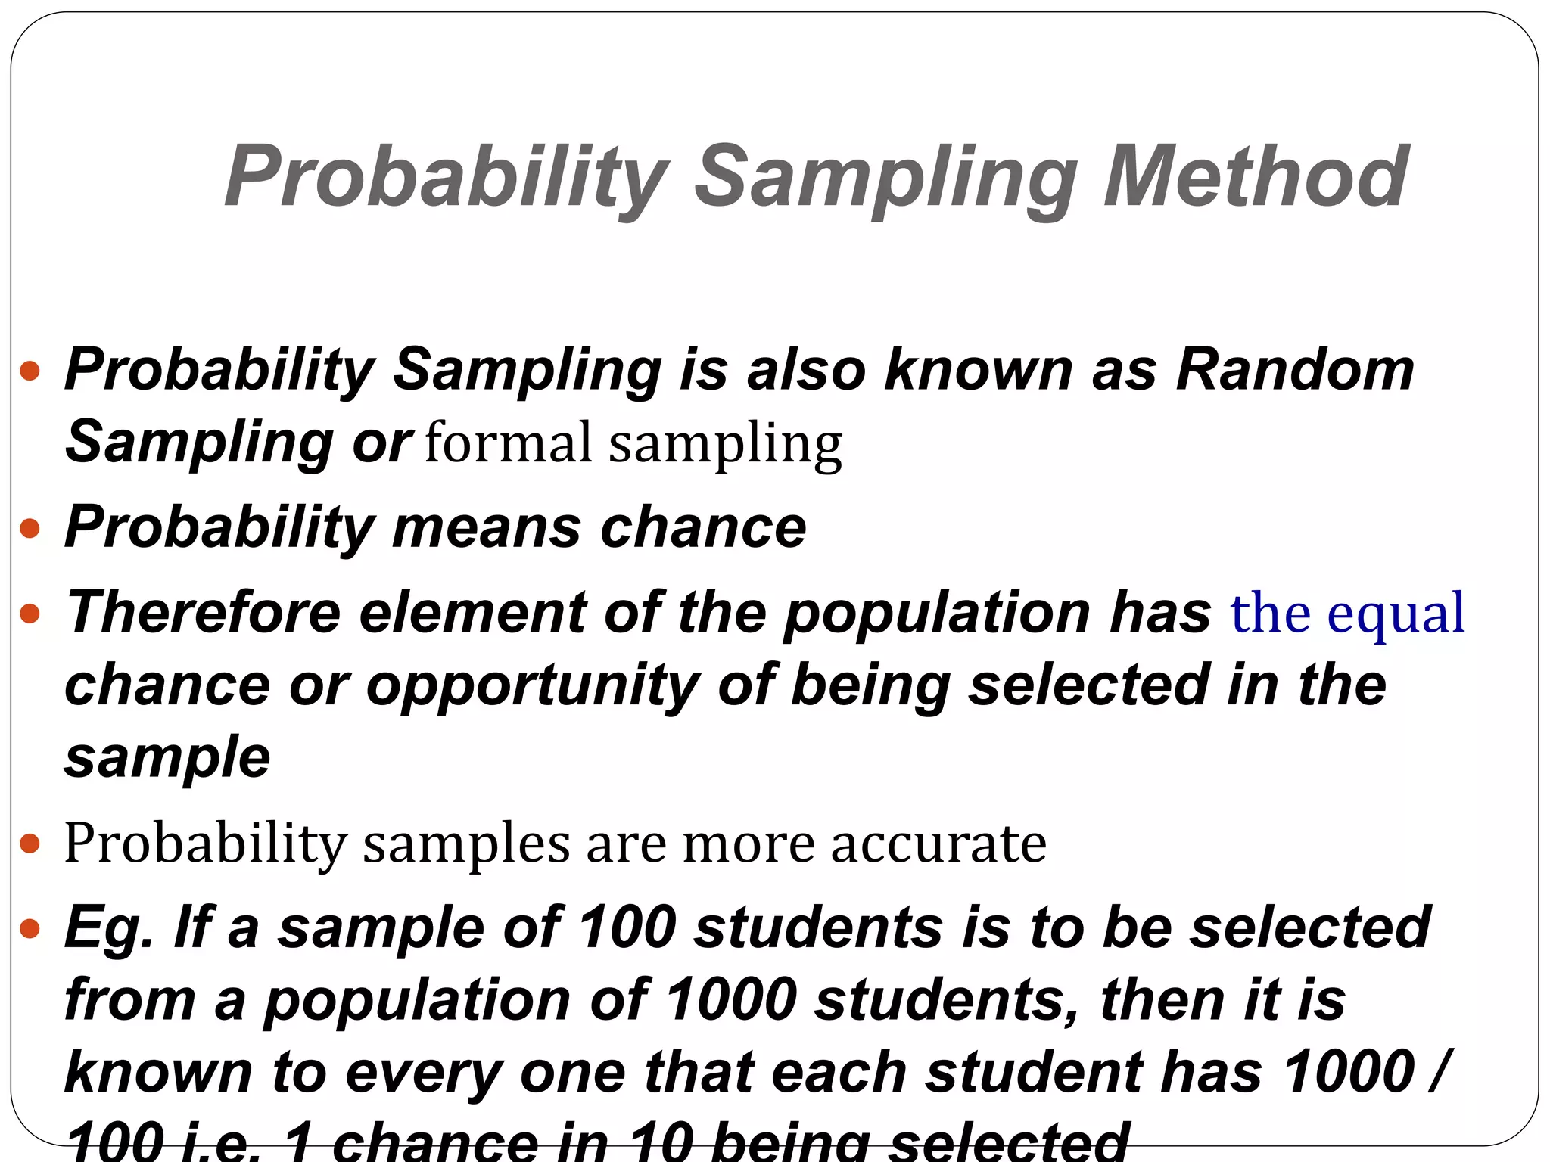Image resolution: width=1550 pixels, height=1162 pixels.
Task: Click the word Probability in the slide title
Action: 446,179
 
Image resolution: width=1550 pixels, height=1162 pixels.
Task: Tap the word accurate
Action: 938,844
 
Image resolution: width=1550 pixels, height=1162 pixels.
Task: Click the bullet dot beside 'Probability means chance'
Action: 30,528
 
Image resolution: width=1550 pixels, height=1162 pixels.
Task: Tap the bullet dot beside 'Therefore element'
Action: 30,613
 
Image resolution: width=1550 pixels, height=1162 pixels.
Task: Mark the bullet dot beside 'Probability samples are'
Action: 30,844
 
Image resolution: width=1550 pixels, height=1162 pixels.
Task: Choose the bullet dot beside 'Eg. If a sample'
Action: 30,928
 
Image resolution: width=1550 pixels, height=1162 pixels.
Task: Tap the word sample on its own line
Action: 167,757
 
